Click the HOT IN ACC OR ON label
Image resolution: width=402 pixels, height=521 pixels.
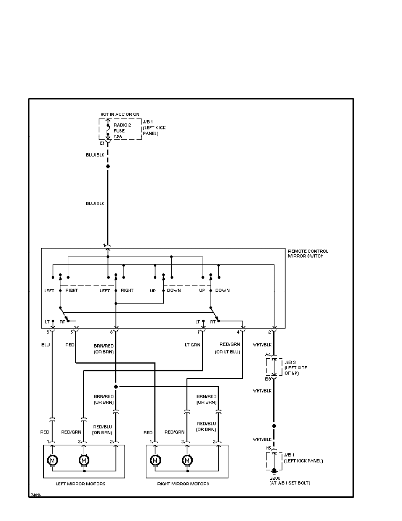(120, 114)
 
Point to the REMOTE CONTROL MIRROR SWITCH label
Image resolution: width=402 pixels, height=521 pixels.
(307, 253)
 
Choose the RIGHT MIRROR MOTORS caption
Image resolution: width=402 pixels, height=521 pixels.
(183, 484)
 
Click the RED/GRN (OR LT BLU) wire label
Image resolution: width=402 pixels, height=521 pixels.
(227, 349)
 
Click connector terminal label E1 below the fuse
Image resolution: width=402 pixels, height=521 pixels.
(102, 143)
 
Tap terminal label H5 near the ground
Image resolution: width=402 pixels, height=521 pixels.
(269, 448)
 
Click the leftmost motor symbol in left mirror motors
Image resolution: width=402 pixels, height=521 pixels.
(53, 460)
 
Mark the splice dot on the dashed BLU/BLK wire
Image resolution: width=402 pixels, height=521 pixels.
(108, 167)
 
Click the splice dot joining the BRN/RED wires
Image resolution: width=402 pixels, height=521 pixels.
(116, 386)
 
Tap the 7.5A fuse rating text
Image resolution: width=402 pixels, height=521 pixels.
(118, 137)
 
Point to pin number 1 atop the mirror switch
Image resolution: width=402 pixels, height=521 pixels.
(104, 245)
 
